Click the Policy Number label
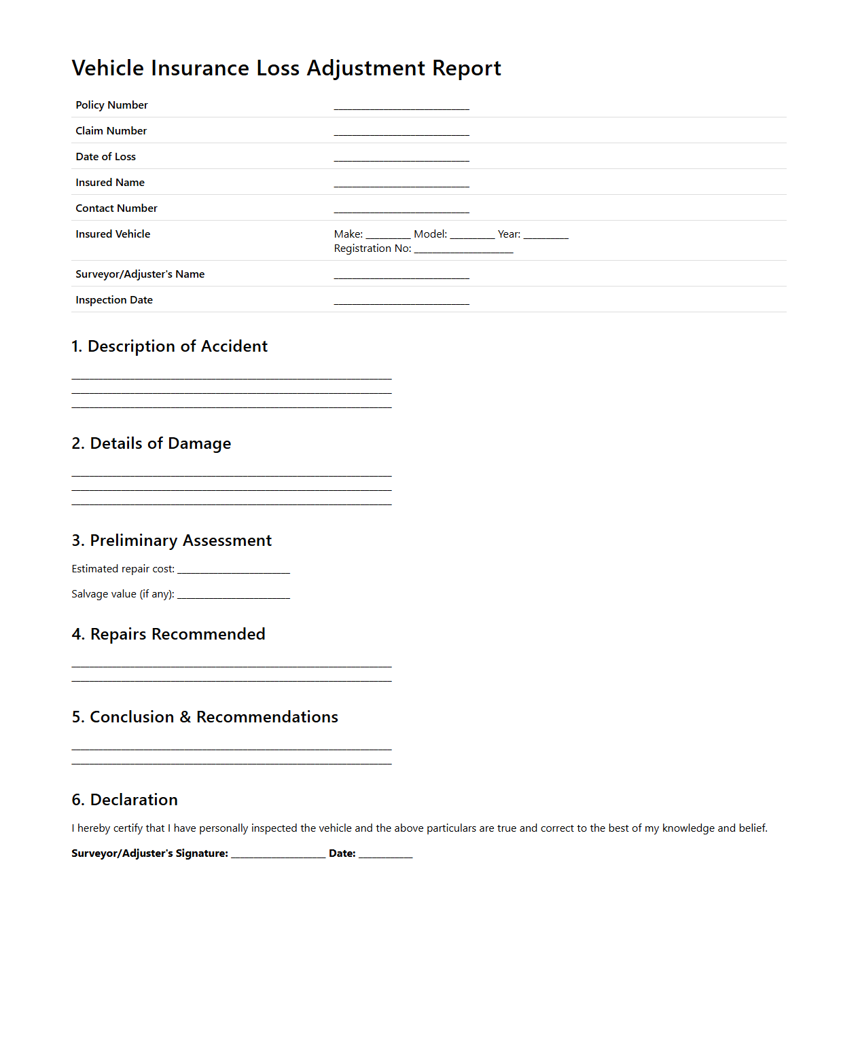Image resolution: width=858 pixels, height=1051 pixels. [x=111, y=105]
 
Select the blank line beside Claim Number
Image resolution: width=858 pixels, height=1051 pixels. [x=401, y=132]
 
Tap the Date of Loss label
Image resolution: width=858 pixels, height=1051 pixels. [x=105, y=157]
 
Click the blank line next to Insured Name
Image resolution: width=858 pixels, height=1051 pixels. [x=401, y=183]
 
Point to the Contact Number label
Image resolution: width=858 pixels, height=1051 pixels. [x=116, y=208]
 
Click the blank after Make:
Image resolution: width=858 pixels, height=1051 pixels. [x=388, y=235]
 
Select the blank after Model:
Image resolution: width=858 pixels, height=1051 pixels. [x=472, y=235]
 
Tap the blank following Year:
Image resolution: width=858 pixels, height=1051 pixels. [x=546, y=235]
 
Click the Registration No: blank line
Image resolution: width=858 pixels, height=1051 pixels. [x=463, y=249]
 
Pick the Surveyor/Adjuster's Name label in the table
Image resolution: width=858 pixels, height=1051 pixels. [x=140, y=274]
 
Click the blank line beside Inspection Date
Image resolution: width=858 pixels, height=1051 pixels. [x=401, y=301]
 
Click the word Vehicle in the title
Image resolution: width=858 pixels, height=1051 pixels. [x=108, y=69]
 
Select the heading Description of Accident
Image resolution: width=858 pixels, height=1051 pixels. [x=170, y=346]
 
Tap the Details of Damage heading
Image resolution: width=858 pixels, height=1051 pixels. [x=151, y=443]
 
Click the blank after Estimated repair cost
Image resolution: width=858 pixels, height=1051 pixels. [x=234, y=570]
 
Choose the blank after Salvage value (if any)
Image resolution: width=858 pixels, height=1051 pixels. [x=234, y=595]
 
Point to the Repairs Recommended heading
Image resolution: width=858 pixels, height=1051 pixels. [x=168, y=634]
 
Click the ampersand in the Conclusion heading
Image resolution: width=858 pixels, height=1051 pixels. [x=185, y=717]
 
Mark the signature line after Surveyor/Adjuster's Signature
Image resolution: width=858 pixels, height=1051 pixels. [x=279, y=854]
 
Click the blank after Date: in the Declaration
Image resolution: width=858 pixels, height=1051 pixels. [x=385, y=854]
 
